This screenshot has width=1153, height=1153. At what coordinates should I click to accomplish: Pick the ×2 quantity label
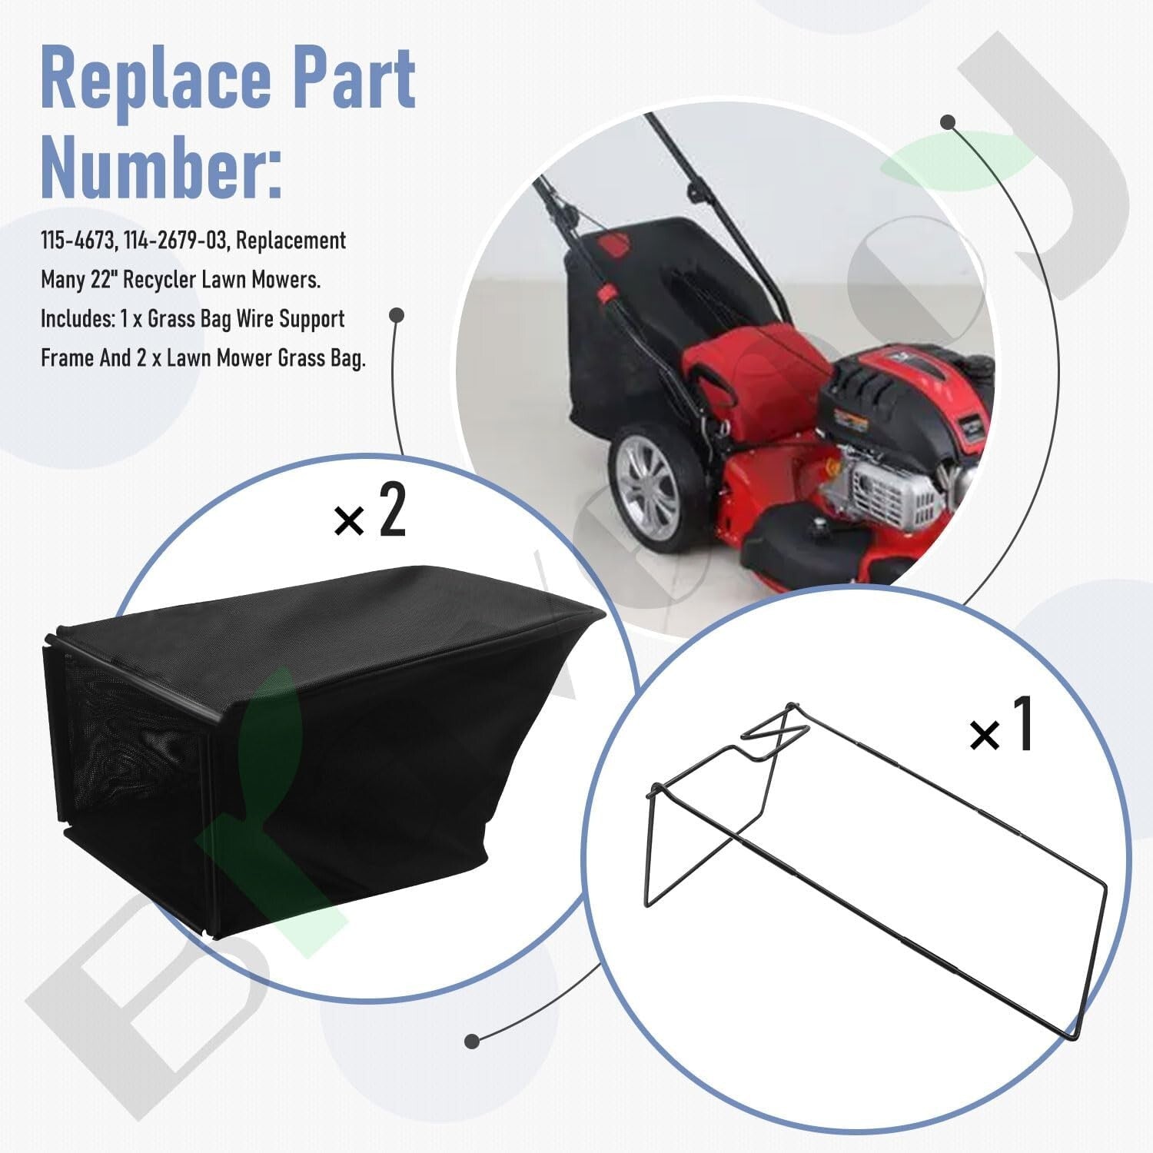coord(370,517)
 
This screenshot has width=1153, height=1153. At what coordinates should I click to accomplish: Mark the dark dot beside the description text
coord(397,315)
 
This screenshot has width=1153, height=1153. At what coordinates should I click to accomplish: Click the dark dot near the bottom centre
coord(473,1041)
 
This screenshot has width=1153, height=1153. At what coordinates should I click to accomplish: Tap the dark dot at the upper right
coord(948,122)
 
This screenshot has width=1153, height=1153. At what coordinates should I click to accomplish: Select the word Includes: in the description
coord(77,319)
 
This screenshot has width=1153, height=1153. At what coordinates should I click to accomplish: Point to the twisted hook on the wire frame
coord(776,726)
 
